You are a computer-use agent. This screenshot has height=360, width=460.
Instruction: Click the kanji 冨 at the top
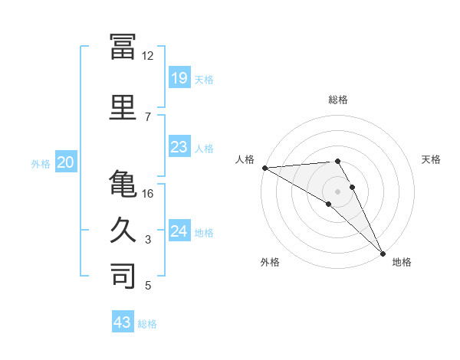tap(123, 47)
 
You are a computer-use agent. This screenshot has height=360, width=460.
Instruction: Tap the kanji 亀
tap(123, 183)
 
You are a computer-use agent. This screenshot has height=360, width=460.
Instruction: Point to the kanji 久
tap(123, 230)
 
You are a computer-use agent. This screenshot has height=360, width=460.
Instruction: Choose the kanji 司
tap(123, 276)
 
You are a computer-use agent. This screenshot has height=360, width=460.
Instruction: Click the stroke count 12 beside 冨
tap(147, 56)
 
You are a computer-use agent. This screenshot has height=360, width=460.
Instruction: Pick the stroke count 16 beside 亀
tap(147, 194)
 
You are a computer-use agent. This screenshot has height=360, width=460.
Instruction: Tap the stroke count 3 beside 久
tap(148, 240)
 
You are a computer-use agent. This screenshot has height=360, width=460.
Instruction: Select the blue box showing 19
tap(179, 77)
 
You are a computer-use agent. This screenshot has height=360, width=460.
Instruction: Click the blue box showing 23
tap(179, 146)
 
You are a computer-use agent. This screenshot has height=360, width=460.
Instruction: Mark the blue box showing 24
tap(179, 230)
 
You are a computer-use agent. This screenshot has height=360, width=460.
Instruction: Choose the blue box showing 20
tap(66, 162)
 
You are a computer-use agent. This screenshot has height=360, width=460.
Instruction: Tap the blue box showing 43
tap(123, 321)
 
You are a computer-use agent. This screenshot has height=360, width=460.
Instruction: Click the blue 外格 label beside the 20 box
tap(41, 164)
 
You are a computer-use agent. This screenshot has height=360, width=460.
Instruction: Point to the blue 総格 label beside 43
tap(147, 324)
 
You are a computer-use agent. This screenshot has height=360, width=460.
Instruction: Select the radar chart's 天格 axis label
tap(431, 159)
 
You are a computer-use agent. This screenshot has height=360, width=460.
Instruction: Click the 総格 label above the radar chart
tap(338, 100)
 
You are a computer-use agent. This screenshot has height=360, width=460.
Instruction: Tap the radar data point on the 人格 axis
tap(265, 168)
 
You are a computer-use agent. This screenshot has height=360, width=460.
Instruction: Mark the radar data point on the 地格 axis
tap(383, 254)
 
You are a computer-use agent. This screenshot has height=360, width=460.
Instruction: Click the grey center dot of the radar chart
tap(337, 191)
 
